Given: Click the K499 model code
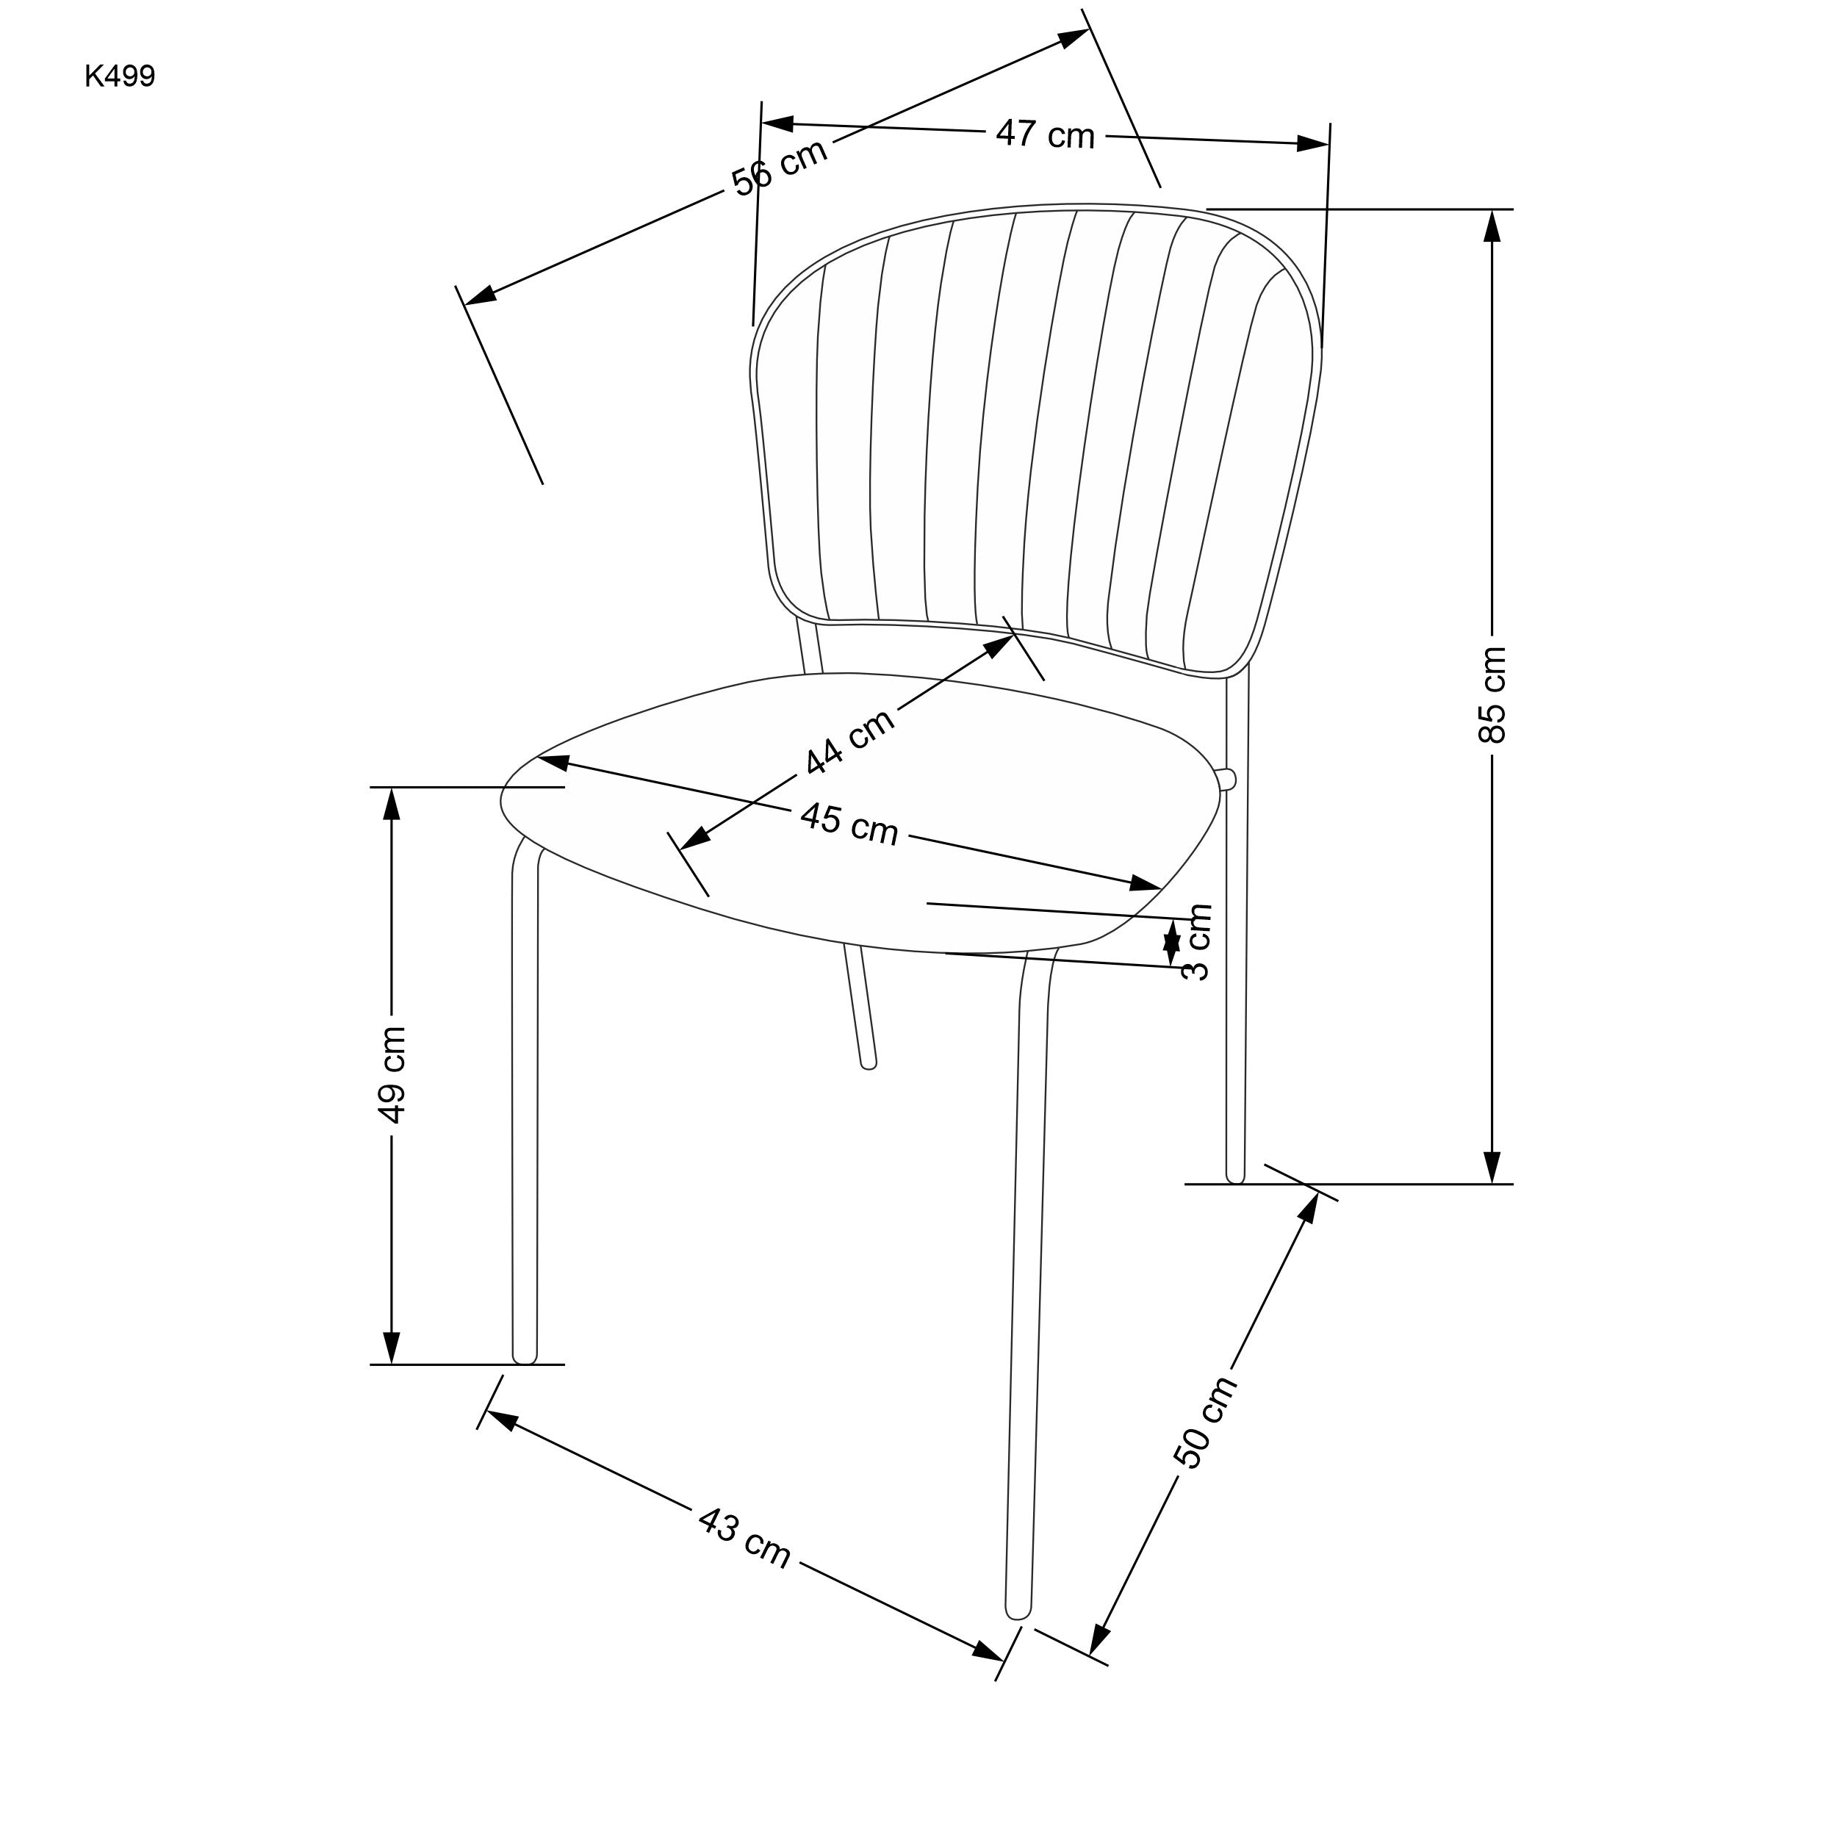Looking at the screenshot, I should click(120, 76).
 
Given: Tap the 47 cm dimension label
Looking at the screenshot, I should click(1045, 134).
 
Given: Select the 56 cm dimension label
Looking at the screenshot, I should click(780, 167).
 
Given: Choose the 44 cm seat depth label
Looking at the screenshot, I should click(849, 741).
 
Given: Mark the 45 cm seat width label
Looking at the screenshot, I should click(849, 824).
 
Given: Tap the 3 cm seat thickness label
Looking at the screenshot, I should click(1196, 942).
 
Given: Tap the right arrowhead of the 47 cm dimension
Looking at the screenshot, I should click(1314, 143).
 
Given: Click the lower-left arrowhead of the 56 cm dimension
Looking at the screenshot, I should click(479, 295).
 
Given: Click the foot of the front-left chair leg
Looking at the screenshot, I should click(525, 1355).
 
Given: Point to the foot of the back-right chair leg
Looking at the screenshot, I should click(1235, 1175).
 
